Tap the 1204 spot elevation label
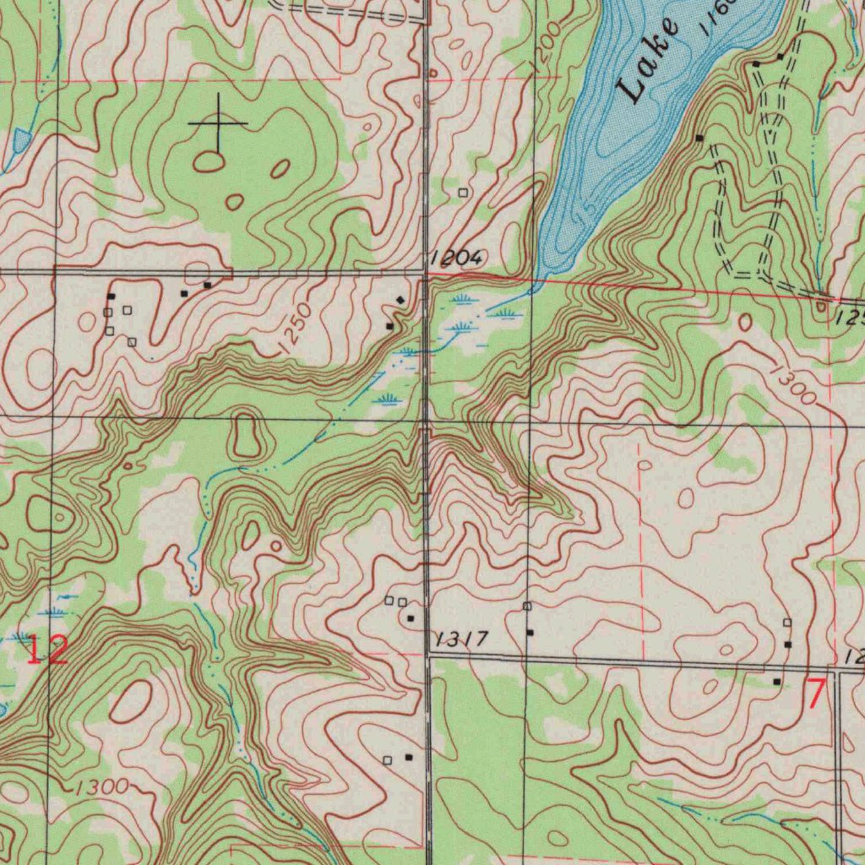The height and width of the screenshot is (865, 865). (455, 258)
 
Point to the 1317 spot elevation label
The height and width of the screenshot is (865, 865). (460, 639)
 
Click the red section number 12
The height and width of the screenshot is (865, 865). (46, 650)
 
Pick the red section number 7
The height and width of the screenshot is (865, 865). (815, 694)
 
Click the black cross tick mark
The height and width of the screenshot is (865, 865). (218, 123)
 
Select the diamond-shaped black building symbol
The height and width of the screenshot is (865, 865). (400, 300)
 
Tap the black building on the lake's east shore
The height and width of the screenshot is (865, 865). (699, 137)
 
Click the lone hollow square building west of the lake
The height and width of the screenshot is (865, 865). (462, 193)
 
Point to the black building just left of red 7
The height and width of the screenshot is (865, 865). (777, 681)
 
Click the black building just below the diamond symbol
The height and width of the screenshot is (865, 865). (389, 325)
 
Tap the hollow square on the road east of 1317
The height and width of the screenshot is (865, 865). (527, 607)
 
